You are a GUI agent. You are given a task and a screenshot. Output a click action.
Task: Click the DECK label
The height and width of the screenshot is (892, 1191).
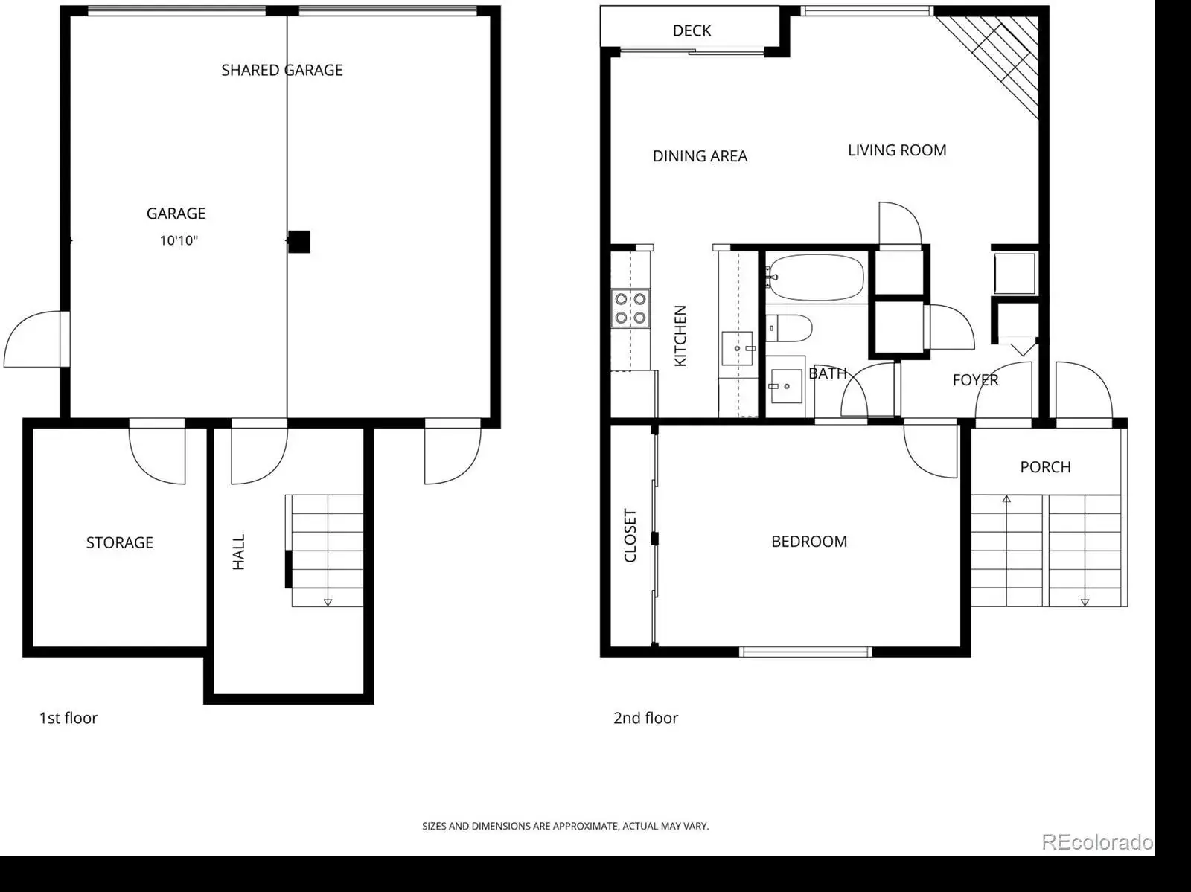(692, 31)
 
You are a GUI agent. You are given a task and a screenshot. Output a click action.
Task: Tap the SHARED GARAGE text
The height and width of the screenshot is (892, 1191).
(282, 71)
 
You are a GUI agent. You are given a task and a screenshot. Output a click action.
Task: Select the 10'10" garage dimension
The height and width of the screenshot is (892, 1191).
(179, 240)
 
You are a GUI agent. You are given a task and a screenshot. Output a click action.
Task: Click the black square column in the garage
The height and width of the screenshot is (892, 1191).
(299, 242)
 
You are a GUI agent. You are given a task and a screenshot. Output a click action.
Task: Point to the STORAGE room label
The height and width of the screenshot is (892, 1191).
(120, 543)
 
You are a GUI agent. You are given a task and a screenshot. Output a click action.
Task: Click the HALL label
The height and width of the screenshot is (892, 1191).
(239, 552)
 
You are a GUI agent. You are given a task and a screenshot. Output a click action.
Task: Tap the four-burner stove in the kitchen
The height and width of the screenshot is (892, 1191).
(630, 308)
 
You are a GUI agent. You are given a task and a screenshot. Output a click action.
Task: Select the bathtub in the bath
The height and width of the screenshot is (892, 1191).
(816, 277)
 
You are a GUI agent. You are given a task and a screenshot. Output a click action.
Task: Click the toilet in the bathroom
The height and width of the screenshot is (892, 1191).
(790, 328)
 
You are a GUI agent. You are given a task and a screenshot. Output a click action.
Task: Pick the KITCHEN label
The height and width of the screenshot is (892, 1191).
(680, 336)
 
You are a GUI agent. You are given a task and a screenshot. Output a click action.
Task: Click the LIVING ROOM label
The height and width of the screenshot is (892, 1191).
(898, 150)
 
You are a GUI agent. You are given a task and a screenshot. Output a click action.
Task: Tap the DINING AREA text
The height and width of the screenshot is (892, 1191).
(700, 156)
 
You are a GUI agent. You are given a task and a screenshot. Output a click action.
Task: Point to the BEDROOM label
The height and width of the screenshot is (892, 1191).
(809, 542)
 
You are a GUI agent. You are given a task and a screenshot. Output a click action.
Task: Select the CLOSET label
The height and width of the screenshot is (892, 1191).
(630, 536)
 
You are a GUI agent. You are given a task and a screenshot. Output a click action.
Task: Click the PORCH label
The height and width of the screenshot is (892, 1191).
(1046, 467)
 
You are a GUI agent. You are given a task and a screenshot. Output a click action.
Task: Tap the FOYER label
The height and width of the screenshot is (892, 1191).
(976, 380)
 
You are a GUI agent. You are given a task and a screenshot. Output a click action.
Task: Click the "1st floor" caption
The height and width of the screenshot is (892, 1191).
(68, 718)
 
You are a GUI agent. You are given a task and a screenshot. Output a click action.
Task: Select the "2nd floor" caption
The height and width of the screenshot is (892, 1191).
(645, 718)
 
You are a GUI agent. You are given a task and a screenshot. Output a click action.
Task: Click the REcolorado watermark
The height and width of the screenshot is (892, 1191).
(1098, 841)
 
